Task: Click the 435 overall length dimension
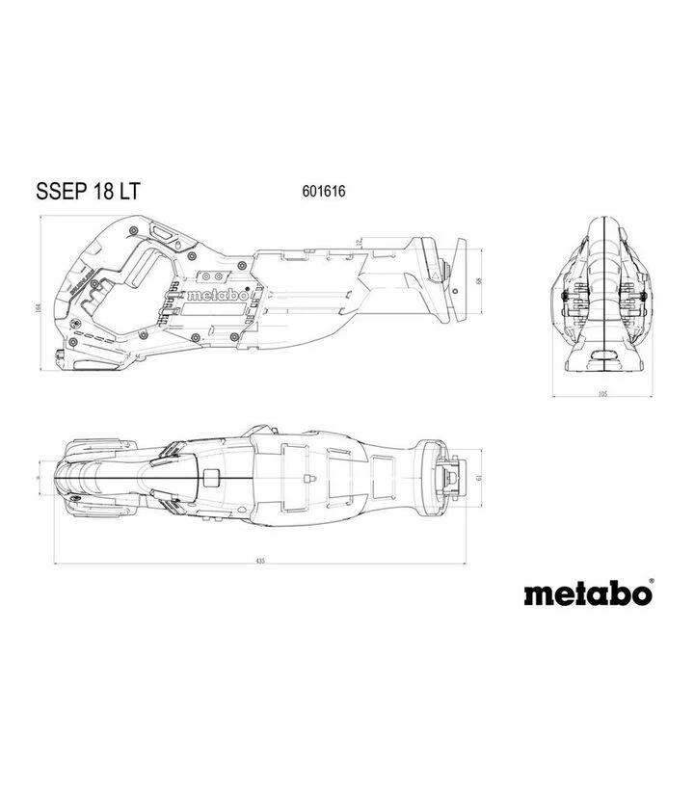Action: point(260,561)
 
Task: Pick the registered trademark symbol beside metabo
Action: point(651,582)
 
